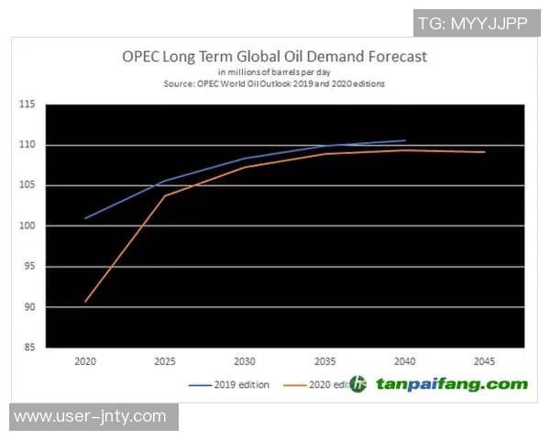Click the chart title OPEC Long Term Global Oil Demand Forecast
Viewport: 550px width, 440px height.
click(x=275, y=56)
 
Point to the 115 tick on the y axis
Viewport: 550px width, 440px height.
click(x=27, y=104)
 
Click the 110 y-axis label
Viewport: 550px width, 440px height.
click(x=27, y=145)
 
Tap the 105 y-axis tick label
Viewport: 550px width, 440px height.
click(x=27, y=185)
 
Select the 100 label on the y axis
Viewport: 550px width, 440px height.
click(x=27, y=225)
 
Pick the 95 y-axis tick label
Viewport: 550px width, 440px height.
click(x=28, y=267)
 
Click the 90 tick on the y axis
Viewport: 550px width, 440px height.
click(x=28, y=307)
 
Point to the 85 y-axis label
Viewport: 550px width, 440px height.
click(x=28, y=347)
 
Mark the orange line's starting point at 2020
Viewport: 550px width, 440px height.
click(x=85, y=302)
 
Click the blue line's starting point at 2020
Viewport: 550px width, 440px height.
click(x=85, y=218)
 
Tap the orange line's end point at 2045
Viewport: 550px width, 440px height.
click(x=485, y=152)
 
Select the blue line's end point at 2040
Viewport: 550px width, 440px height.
click(x=405, y=140)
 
